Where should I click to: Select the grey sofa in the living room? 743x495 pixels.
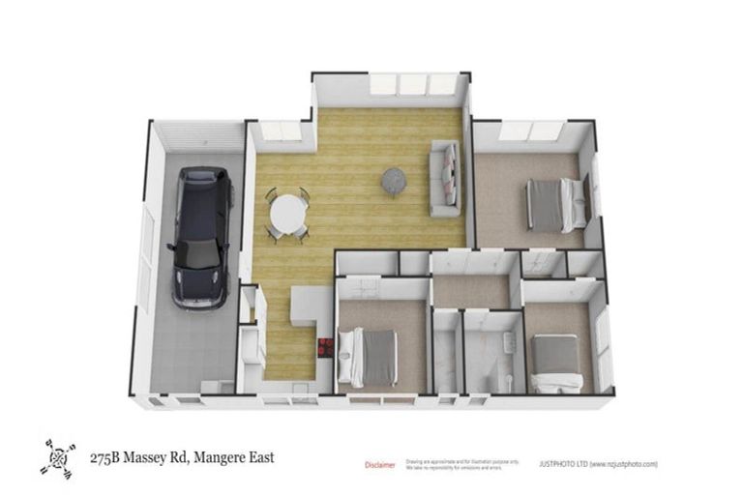point(446,179)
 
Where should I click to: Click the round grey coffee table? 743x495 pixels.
point(394,180)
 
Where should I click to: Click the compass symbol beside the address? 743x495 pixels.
point(58,457)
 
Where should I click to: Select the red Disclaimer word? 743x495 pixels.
point(379,465)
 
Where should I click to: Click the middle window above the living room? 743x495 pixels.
point(414,85)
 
